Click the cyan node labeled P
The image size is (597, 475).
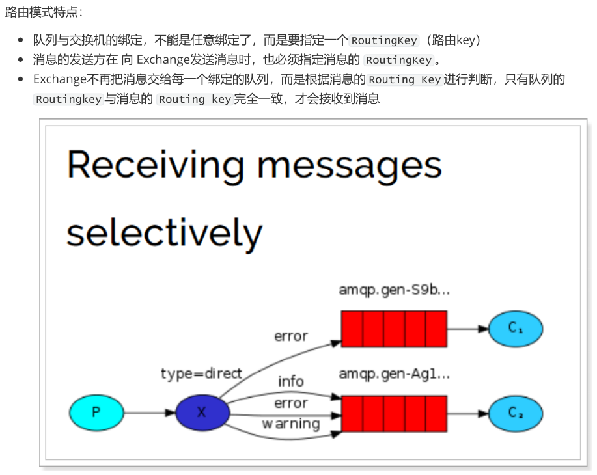coord(96,413)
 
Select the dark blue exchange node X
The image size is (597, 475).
coord(202,413)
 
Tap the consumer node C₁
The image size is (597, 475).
coord(516,329)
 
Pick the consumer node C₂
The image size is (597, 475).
coord(516,413)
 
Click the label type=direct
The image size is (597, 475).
coord(201,373)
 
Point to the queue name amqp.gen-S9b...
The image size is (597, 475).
coord(394,290)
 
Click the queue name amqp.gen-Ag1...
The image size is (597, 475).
coord(394,374)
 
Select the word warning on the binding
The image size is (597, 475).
coord(290,424)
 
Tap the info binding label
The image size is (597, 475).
coord(291,381)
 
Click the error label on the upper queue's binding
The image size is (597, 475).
coord(290,336)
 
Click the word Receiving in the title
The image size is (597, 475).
coord(155,165)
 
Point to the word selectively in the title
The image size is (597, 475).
coord(164,232)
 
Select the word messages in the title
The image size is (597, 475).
coord(349,165)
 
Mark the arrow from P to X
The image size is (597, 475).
coord(149,413)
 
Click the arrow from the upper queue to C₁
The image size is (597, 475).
coord(467,329)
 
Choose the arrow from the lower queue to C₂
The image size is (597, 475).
coord(467,413)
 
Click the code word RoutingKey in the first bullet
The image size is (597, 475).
coord(384,40)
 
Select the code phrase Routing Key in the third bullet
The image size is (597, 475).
coord(404,79)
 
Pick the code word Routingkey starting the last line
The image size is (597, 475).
coord(68,100)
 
